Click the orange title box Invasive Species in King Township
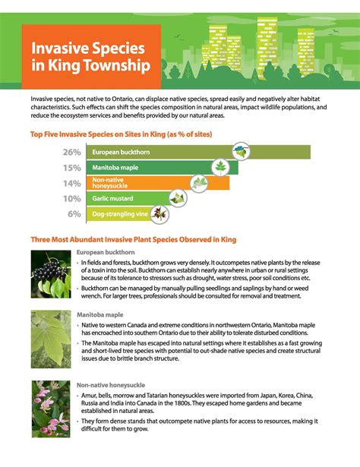coord(90,56)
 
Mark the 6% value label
coord(74,214)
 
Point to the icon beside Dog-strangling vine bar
coord(159,214)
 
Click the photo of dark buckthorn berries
coord(51,275)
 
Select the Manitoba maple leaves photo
coord(51,339)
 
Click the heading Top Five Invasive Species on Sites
coord(121,134)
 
